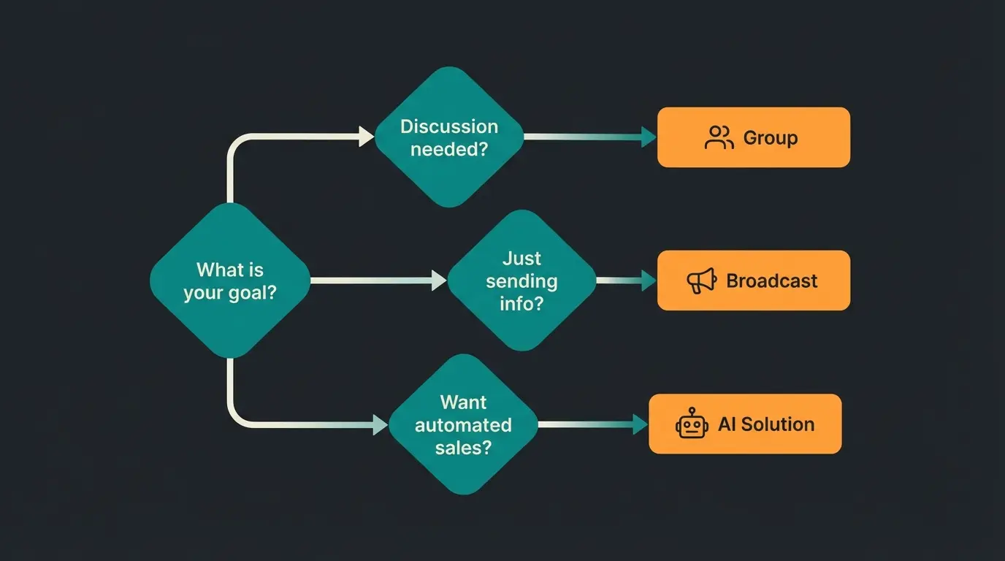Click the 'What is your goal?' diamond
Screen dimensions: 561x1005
(x=230, y=280)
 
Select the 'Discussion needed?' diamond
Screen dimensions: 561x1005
(x=449, y=137)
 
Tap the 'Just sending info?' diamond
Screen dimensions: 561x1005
(x=521, y=280)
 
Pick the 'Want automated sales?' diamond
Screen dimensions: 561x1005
(x=463, y=424)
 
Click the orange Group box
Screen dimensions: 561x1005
(x=754, y=137)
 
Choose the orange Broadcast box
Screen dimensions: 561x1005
(x=754, y=280)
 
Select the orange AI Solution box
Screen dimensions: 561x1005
(x=745, y=424)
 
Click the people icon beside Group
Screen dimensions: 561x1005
(x=719, y=137)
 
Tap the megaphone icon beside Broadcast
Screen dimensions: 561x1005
(x=702, y=281)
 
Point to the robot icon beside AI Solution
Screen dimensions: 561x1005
(x=692, y=424)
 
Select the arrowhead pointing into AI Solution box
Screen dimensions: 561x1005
(x=641, y=424)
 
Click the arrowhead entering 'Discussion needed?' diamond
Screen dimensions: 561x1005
(x=367, y=137)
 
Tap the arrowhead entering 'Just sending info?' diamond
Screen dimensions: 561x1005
(x=439, y=280)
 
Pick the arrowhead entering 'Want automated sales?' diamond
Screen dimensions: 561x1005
(x=381, y=424)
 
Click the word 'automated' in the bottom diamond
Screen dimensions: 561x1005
(x=463, y=424)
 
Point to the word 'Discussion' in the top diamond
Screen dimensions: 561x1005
(x=449, y=126)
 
